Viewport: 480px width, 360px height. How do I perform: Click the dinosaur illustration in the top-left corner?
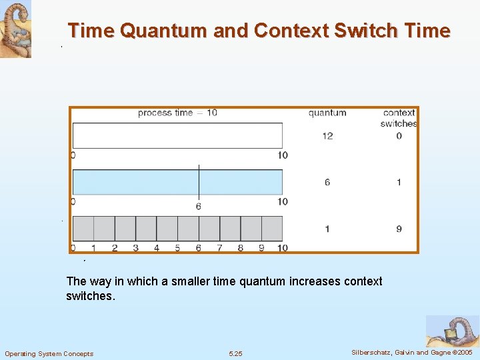coord(15,29)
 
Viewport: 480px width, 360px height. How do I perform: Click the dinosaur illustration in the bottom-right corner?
coord(452,331)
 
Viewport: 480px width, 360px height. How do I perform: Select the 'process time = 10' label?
coord(177,113)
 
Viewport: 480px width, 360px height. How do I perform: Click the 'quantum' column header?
coord(327,113)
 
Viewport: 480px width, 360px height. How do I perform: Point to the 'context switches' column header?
coord(399,118)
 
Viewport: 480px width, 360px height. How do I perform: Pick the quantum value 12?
coord(327,136)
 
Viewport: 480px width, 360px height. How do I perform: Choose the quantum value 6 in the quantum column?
coord(327,182)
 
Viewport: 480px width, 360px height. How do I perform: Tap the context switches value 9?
coord(399,229)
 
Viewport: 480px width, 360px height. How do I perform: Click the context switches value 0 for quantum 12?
coord(399,136)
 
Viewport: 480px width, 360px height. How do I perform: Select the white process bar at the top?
coord(177,136)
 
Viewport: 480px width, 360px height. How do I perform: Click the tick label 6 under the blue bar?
coord(199,207)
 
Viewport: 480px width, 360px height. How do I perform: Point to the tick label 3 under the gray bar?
coord(135,248)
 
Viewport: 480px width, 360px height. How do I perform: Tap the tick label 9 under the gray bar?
coord(261,248)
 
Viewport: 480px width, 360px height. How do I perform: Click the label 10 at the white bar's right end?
coord(283,155)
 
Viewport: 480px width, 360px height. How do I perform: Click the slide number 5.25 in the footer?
coord(235,353)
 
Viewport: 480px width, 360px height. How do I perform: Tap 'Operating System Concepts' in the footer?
coord(49,353)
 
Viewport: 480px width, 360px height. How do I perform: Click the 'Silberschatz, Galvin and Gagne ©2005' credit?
coord(411,352)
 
